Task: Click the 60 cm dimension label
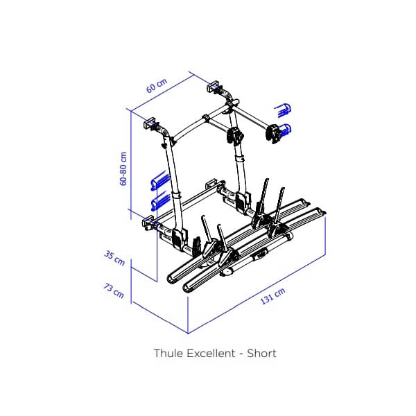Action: tap(157, 85)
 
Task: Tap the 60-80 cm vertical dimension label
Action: tap(123, 168)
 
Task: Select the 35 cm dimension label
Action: tap(114, 258)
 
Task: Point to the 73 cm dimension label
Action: tap(114, 291)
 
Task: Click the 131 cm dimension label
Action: tap(272, 295)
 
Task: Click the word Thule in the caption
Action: tap(168, 354)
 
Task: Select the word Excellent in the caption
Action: tap(211, 354)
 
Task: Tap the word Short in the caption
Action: tap(261, 354)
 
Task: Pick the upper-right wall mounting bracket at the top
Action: tap(214, 87)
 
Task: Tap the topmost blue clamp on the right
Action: tap(283, 110)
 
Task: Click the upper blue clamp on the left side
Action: tap(160, 181)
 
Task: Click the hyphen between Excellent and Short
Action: tap(241, 354)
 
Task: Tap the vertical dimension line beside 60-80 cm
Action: tap(131, 165)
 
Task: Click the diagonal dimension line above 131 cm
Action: tap(257, 294)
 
